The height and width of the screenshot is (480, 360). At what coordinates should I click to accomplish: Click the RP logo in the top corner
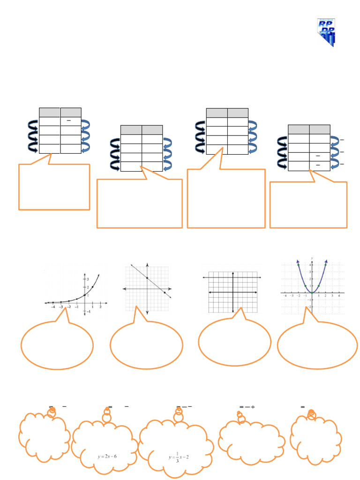(326, 33)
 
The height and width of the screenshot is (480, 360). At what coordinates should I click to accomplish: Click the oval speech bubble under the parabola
(317, 345)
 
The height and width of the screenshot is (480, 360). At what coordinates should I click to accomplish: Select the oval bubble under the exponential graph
(57, 345)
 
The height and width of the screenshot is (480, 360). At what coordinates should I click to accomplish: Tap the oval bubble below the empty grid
(234, 341)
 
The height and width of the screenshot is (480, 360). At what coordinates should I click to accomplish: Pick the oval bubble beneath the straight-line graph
(146, 345)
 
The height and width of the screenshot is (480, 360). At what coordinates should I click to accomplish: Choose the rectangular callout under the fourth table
(308, 205)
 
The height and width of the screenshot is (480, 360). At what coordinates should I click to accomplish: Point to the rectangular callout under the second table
(139, 204)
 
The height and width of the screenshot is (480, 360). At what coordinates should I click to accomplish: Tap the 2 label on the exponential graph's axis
(87, 287)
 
